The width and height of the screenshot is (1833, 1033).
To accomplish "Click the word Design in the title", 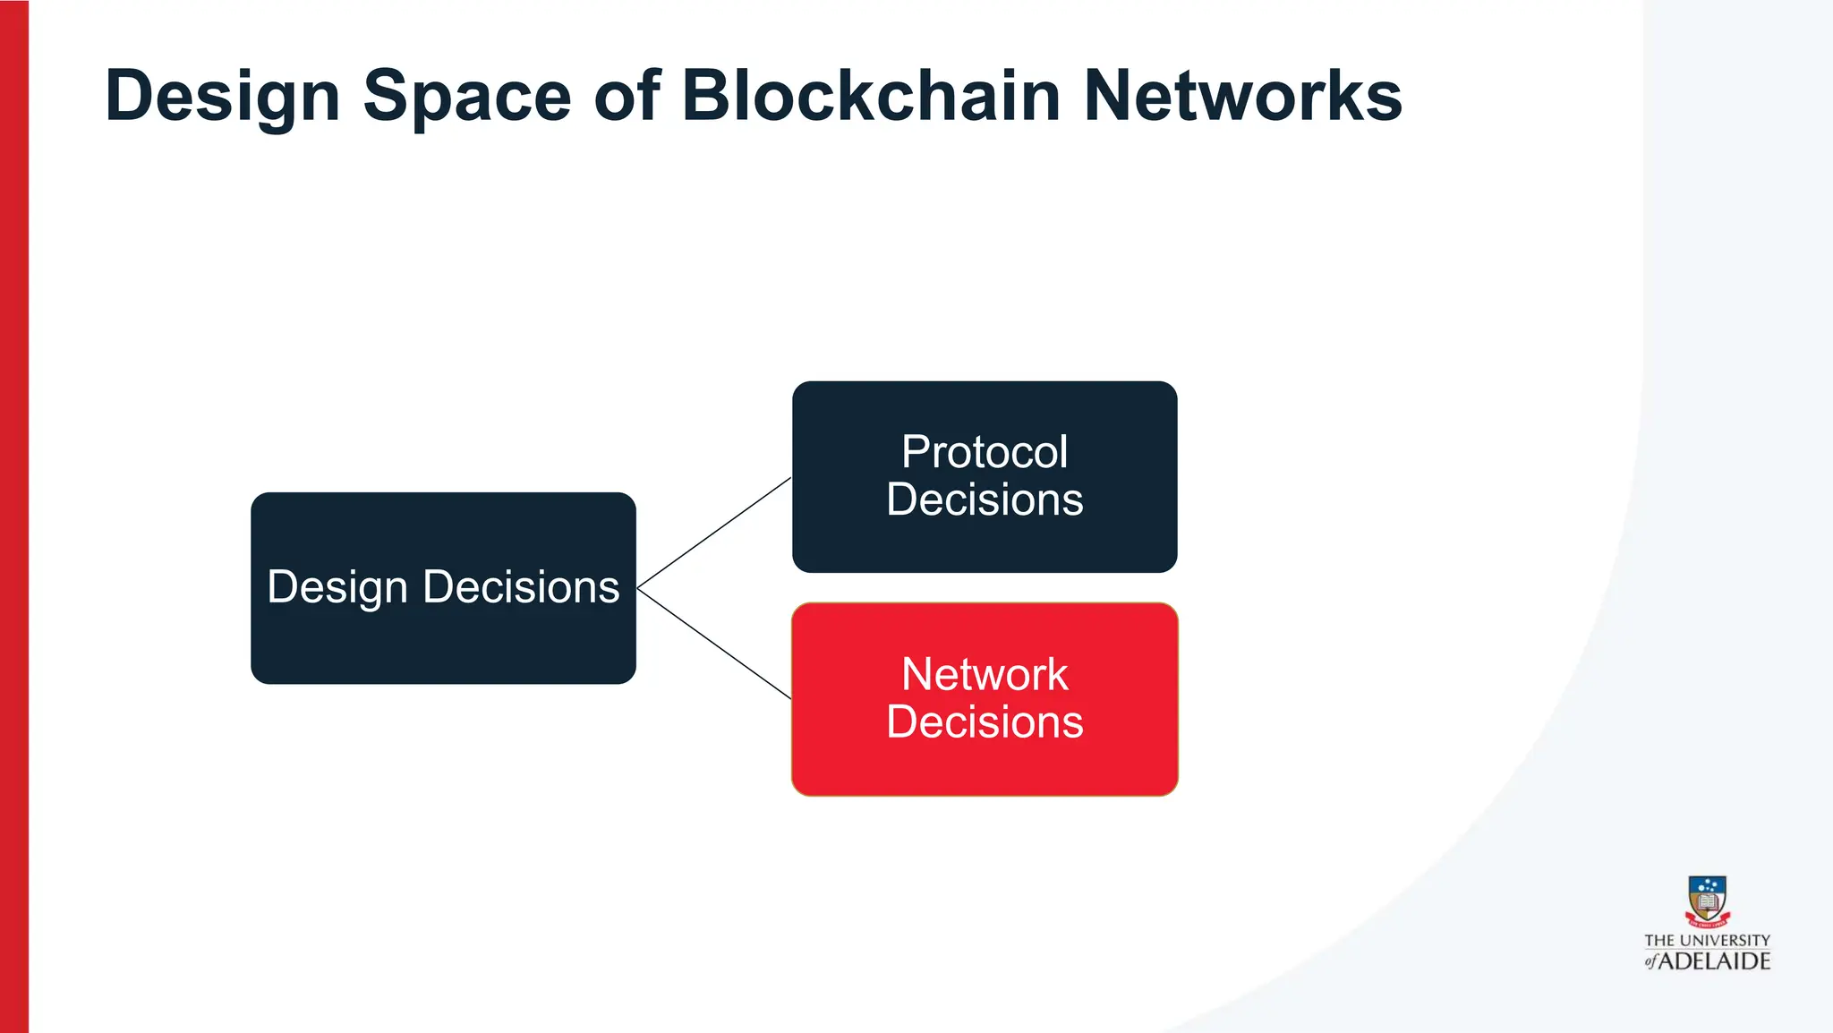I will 222,97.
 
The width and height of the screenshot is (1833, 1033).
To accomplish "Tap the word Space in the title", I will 466,97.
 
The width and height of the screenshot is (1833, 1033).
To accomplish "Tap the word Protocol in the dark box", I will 985,452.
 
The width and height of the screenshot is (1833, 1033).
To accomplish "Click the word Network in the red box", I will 985,674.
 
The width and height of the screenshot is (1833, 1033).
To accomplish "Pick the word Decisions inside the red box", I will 985,722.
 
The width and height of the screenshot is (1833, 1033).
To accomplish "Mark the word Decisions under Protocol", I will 985,500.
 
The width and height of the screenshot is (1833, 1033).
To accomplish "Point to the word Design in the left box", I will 337,588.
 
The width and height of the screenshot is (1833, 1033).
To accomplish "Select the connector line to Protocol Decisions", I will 714,533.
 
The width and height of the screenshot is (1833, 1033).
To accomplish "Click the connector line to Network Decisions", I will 714,644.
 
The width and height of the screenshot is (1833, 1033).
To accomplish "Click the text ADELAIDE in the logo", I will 1714,961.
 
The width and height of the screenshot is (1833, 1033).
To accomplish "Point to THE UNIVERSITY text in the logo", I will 1707,940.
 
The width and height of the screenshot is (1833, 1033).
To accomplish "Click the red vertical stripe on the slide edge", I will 13,516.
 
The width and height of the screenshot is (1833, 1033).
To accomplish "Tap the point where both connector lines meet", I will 638,588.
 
